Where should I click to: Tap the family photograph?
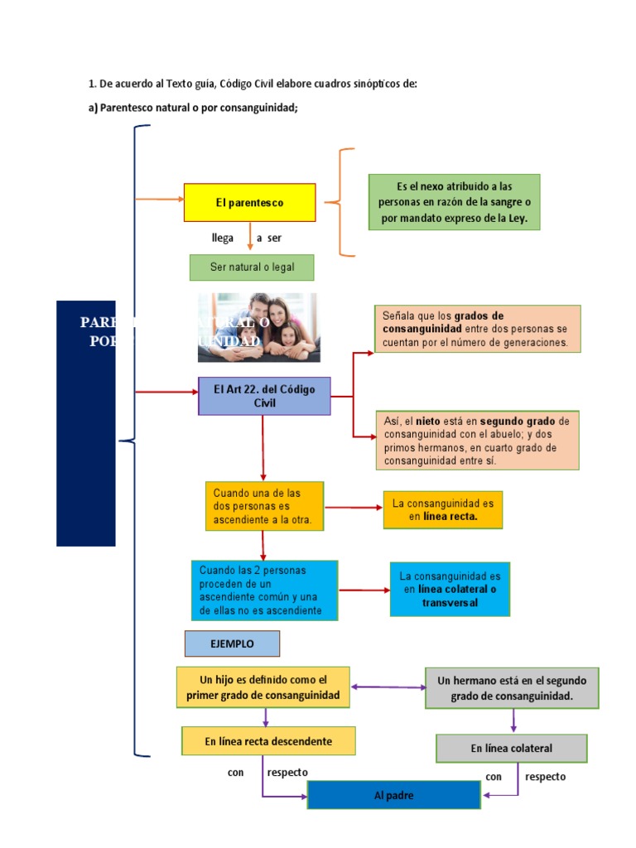pos(257,327)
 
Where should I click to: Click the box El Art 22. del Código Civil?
pos(264,396)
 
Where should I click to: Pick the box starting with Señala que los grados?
pos(477,329)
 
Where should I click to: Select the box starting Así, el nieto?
pos(477,441)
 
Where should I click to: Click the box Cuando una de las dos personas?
pos(264,505)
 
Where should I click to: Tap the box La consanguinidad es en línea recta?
pos(442,509)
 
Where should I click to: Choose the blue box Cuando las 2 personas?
pos(264,590)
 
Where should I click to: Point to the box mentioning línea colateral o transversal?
pos(450,589)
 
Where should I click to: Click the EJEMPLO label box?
pos(232,643)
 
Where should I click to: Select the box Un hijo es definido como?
pos(263,687)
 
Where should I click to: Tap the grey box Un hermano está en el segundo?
pos(512,688)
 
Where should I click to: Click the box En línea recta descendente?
pos(268,741)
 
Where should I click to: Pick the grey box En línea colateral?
pos(511,748)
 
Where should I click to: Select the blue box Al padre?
pos(393,795)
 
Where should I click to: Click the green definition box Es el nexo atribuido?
pos(454,202)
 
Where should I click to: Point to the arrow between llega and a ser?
pos(250,238)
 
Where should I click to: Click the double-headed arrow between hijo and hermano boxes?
pos(388,687)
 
